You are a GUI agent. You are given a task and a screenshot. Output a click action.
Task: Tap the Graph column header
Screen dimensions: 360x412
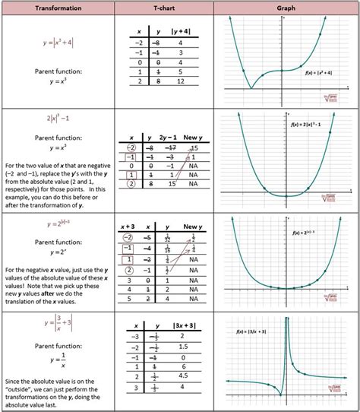(x=286, y=8)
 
